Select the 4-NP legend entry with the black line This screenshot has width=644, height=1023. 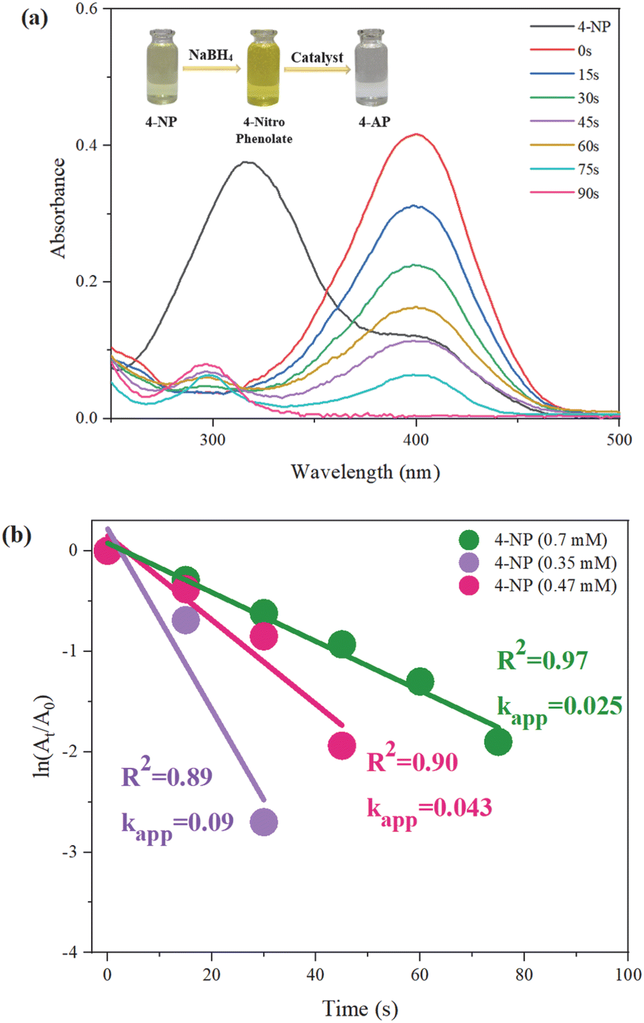pyautogui.click(x=570, y=27)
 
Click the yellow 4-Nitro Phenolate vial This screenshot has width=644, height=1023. pyautogui.click(x=263, y=68)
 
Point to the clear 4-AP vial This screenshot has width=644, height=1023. pyautogui.click(x=372, y=68)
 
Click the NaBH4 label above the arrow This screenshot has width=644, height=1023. pyautogui.click(x=211, y=55)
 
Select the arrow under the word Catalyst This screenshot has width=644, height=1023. pyautogui.click(x=318, y=69)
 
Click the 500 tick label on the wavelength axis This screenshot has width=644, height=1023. pyautogui.click(x=620, y=440)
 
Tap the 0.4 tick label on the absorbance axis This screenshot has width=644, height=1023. pyautogui.click(x=87, y=145)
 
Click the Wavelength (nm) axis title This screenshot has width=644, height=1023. pyautogui.click(x=365, y=472)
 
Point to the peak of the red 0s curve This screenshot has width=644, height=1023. pyautogui.click(x=417, y=134)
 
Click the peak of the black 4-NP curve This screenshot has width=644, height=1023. pyautogui.click(x=247, y=161)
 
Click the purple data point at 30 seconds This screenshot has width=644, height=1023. pyautogui.click(x=264, y=822)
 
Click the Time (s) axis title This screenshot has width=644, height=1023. pyautogui.click(x=360, y=1008)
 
